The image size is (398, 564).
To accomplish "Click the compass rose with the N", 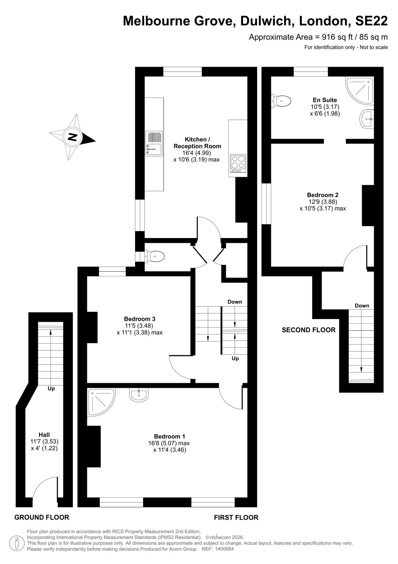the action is (72, 137).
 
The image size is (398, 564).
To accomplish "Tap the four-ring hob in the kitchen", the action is (238, 164).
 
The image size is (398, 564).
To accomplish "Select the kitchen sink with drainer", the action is (154, 144).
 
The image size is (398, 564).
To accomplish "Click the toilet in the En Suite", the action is (281, 101).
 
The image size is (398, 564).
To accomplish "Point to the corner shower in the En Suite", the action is (360, 91).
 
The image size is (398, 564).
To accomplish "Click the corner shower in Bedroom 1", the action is (101, 402).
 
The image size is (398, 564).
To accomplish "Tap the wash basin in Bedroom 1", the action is (139, 394).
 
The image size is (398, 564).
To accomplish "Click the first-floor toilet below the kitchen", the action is (154, 257).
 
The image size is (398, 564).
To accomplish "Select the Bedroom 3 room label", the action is (140, 319).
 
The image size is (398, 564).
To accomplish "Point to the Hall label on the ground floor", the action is (44, 435).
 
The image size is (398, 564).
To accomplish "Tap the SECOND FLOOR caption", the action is (309, 330).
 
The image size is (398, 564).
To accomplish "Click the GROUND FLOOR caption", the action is (42, 517).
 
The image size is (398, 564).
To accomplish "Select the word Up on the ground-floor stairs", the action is (51, 388).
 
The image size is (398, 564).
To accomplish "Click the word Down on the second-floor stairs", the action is (362, 306).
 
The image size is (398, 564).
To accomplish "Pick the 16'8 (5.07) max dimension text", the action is (169, 443).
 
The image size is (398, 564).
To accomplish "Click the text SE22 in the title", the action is (371, 21).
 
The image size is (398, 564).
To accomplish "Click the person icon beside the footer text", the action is (17, 543).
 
